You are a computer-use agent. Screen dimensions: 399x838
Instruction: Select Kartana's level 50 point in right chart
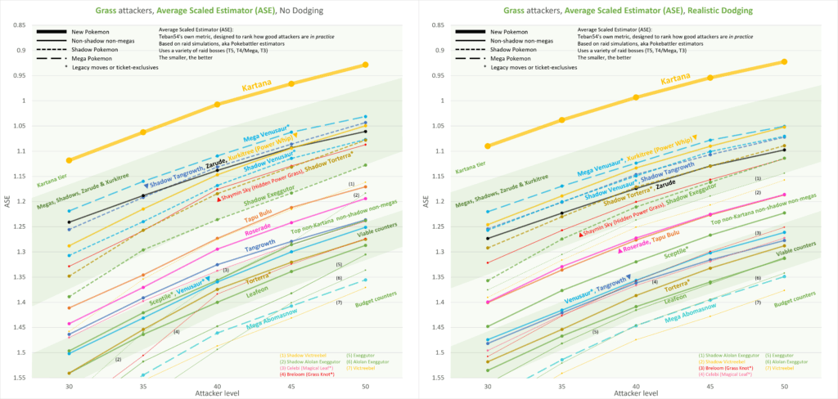pyautogui.click(x=785, y=61)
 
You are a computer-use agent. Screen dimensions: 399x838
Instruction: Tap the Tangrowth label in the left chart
pyautogui.click(x=260, y=246)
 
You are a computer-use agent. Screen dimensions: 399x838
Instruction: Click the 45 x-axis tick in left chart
pyautogui.click(x=291, y=387)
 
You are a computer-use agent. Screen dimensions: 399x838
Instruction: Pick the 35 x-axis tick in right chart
pyautogui.click(x=561, y=387)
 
